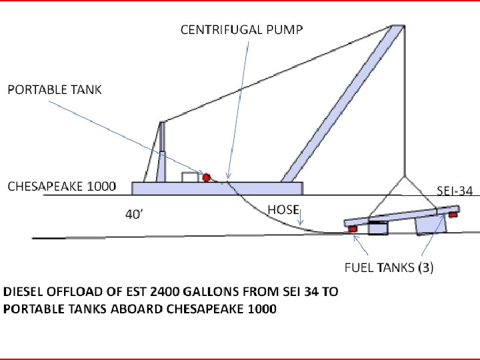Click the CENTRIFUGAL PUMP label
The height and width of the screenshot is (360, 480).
(x=242, y=29)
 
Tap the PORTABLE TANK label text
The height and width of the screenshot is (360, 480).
(x=55, y=89)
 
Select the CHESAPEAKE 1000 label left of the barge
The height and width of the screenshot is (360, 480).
(x=61, y=186)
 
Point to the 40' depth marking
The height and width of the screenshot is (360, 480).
(x=134, y=215)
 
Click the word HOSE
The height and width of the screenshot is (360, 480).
(x=283, y=209)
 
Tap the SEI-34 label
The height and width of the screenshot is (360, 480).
(x=455, y=191)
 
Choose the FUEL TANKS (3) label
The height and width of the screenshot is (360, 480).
(x=389, y=268)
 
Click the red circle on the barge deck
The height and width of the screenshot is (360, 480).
(x=207, y=177)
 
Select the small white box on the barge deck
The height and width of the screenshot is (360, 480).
(x=191, y=177)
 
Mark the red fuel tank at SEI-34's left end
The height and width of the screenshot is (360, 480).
(x=352, y=229)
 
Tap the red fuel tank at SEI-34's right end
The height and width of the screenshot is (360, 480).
(x=453, y=215)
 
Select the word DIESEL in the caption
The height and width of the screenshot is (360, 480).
(x=22, y=293)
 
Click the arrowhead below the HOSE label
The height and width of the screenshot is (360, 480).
(x=301, y=223)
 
